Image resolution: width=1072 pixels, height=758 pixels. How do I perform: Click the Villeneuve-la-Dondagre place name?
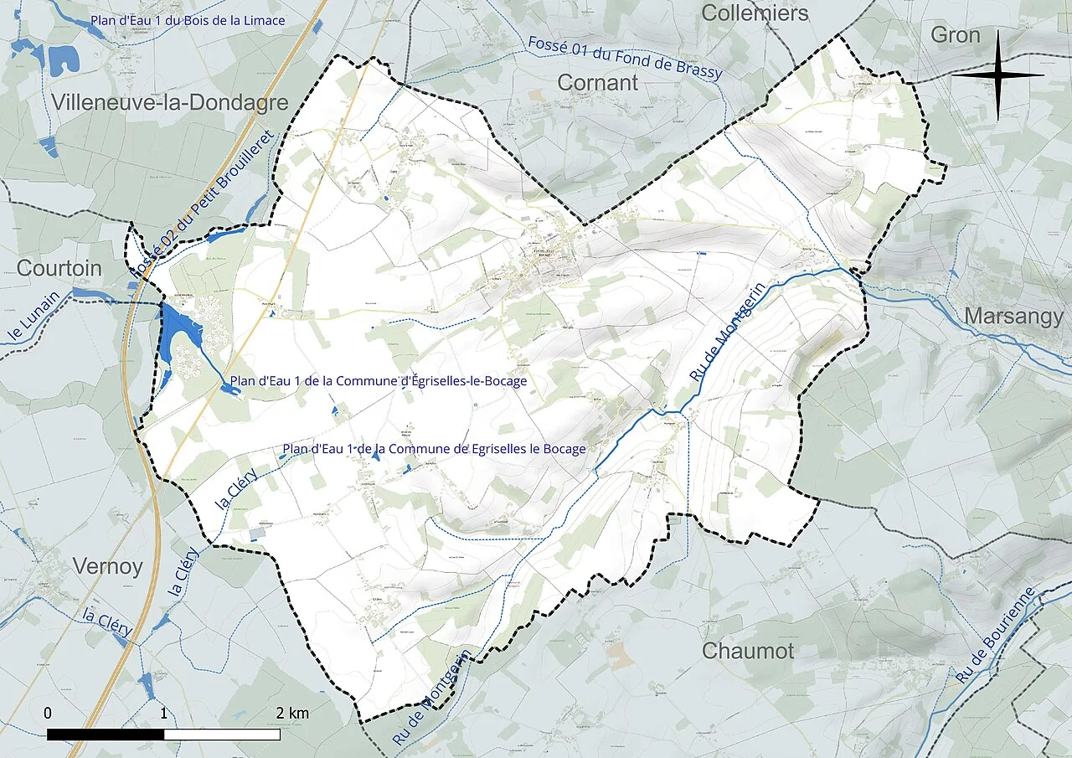pyautogui.click(x=170, y=103)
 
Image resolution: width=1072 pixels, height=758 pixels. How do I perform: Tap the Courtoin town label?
pyautogui.click(x=59, y=269)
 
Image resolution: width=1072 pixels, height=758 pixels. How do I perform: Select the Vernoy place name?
pyautogui.click(x=108, y=566)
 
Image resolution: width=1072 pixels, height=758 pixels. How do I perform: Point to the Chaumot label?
pyautogui.click(x=748, y=651)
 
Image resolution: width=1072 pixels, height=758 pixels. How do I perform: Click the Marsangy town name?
pyautogui.click(x=1014, y=316)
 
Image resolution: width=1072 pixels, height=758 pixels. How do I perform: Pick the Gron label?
pyautogui.click(x=955, y=35)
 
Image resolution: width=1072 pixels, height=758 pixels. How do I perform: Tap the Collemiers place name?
pyautogui.click(x=755, y=13)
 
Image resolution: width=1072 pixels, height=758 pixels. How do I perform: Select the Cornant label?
pyautogui.click(x=597, y=83)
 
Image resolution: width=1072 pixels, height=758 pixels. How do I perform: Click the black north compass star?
pyautogui.click(x=997, y=75)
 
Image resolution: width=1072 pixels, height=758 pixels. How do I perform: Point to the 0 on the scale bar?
pyautogui.click(x=48, y=713)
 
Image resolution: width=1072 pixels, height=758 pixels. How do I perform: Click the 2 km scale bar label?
pyautogui.click(x=292, y=713)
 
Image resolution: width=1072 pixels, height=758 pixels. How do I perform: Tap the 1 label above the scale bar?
pyautogui.click(x=163, y=713)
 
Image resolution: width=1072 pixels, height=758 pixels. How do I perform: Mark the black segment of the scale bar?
pyautogui.click(x=106, y=735)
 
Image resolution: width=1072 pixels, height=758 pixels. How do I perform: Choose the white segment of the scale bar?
pyautogui.click(x=222, y=735)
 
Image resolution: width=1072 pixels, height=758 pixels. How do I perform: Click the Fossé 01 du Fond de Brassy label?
pyautogui.click(x=625, y=58)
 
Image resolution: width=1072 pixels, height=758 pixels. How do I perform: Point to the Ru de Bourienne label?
pyautogui.click(x=996, y=634)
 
